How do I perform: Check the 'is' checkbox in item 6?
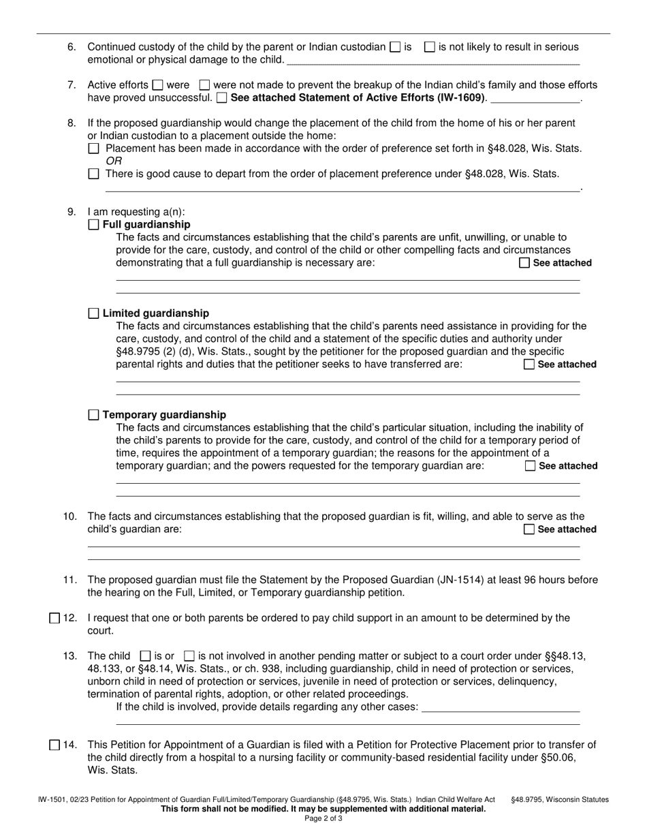(x=395, y=47)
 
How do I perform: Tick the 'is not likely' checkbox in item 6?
(x=430, y=47)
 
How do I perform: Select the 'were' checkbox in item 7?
(x=157, y=85)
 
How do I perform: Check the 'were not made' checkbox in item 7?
(x=204, y=85)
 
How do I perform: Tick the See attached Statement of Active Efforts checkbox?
(x=222, y=98)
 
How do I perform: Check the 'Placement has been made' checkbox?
(x=94, y=149)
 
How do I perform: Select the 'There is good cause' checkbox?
(x=94, y=174)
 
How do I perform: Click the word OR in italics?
(x=114, y=161)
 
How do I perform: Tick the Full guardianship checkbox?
(x=94, y=225)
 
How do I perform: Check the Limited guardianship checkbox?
(x=94, y=313)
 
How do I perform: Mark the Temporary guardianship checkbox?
(x=94, y=415)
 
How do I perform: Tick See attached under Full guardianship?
(x=524, y=263)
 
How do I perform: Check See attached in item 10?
(x=528, y=529)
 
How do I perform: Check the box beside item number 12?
(x=54, y=619)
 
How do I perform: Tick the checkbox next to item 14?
(x=54, y=745)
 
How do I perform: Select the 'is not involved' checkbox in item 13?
(x=190, y=656)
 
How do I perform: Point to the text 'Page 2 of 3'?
(x=323, y=819)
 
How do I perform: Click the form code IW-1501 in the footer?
(x=51, y=800)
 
